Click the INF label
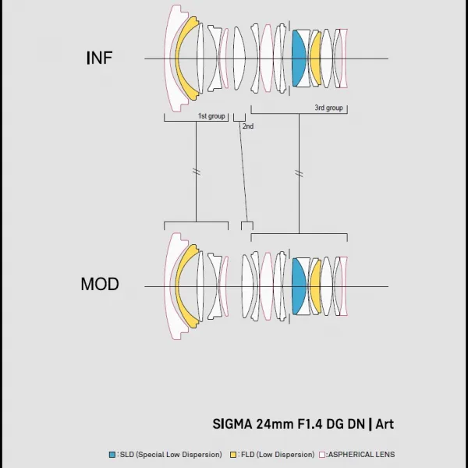click(99, 58)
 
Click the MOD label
click(100, 284)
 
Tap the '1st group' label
click(211, 115)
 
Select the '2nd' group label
click(248, 126)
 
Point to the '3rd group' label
click(328, 108)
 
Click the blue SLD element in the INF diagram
click(299, 58)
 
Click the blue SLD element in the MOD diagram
click(299, 286)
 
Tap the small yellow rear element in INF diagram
click(315, 58)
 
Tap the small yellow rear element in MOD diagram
click(315, 286)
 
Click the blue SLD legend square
click(112, 455)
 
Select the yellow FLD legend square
click(233, 455)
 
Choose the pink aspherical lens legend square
click(322, 455)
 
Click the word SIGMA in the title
click(232, 424)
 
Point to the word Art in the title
click(385, 424)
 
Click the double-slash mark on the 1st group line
click(197, 172)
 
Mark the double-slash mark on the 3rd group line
click(299, 173)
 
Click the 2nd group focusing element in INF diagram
click(239, 58)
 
